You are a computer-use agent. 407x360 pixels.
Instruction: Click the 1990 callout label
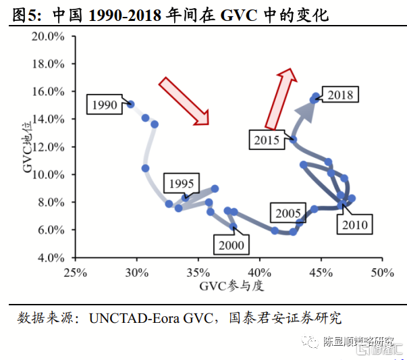105,105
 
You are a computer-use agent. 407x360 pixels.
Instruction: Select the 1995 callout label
182,183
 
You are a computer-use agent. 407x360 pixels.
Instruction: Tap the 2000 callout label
231,245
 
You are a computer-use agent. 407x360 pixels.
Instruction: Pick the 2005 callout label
288,213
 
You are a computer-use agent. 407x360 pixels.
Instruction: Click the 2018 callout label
340,95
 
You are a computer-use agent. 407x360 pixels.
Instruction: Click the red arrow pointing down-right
184,101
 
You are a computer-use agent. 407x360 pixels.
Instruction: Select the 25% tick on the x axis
75,272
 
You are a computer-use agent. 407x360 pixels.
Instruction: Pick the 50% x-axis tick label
382,272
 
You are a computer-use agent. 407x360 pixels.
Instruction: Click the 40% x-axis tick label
259,272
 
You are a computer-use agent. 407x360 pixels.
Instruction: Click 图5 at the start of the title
26,14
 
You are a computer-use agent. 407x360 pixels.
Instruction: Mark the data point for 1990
131,105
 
